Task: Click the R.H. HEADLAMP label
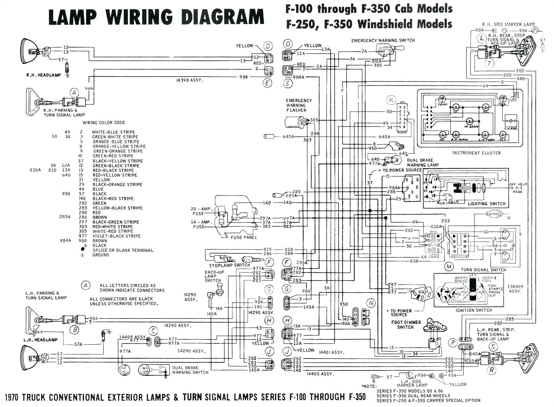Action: (43, 75)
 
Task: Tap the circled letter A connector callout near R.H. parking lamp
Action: (74, 93)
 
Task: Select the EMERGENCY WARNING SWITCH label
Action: (383, 40)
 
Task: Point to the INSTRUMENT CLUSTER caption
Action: (476, 153)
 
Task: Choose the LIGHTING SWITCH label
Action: (486, 204)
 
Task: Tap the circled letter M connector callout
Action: (449, 267)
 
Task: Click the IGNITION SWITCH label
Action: (474, 310)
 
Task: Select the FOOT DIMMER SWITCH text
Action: (406, 325)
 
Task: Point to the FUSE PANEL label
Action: (244, 237)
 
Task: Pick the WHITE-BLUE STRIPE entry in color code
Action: (113, 132)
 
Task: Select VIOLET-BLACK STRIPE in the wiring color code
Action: (116, 236)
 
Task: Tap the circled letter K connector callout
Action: (391, 100)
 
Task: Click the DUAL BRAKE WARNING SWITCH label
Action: (190, 370)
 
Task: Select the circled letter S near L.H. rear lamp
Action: (493, 347)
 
